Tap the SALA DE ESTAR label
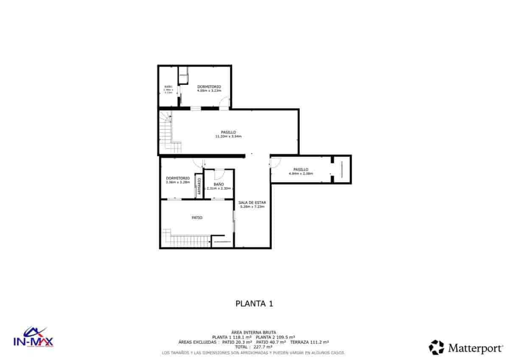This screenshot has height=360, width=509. point(252,202)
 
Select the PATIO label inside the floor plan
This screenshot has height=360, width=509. point(197,217)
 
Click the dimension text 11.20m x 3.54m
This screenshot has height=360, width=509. point(228,136)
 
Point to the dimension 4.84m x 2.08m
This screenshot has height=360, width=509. point(301,173)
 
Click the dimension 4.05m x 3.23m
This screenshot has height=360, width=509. point(209,90)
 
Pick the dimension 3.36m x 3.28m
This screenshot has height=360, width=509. point(178,182)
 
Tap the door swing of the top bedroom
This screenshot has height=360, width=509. point(225,102)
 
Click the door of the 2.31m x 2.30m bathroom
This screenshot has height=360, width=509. point(219,174)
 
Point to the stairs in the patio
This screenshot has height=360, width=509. point(187,239)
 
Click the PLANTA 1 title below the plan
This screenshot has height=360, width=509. point(254,304)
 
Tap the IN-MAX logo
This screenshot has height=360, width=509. point(34,337)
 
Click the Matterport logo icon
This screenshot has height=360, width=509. point(436,347)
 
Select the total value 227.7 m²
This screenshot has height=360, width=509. point(263,346)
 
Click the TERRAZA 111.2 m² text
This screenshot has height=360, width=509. point(310,342)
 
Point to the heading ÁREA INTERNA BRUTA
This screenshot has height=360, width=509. point(254,332)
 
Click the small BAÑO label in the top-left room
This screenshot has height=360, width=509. point(168,87)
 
